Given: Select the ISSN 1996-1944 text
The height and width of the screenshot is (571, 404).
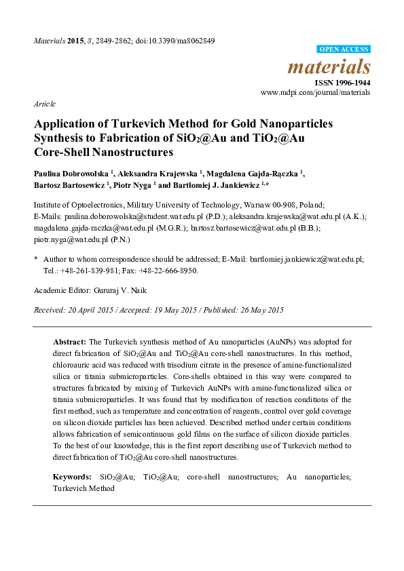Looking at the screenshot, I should [342, 83].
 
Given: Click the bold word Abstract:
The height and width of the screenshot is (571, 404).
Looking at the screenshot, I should [69, 342].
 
